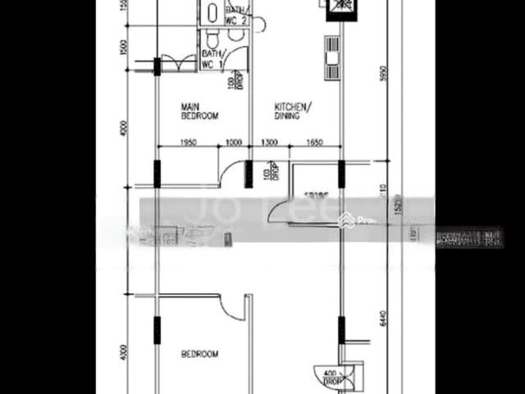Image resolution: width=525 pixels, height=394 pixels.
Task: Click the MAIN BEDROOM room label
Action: (x=199, y=112)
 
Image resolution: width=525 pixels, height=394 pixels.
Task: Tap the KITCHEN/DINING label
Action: (x=291, y=112)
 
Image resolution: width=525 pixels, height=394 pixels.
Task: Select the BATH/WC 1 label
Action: (x=212, y=57)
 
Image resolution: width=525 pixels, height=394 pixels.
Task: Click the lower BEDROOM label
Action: (x=199, y=354)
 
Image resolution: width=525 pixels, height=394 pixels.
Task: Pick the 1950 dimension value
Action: (x=190, y=143)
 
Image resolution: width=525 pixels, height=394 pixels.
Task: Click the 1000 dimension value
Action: (x=233, y=143)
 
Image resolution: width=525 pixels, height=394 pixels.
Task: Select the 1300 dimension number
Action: (x=269, y=143)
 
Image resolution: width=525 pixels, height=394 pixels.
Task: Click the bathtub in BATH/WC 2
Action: (x=212, y=11)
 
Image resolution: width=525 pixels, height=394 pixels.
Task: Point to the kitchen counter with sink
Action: (x=332, y=57)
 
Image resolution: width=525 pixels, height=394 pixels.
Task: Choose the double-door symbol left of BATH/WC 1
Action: (x=179, y=63)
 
